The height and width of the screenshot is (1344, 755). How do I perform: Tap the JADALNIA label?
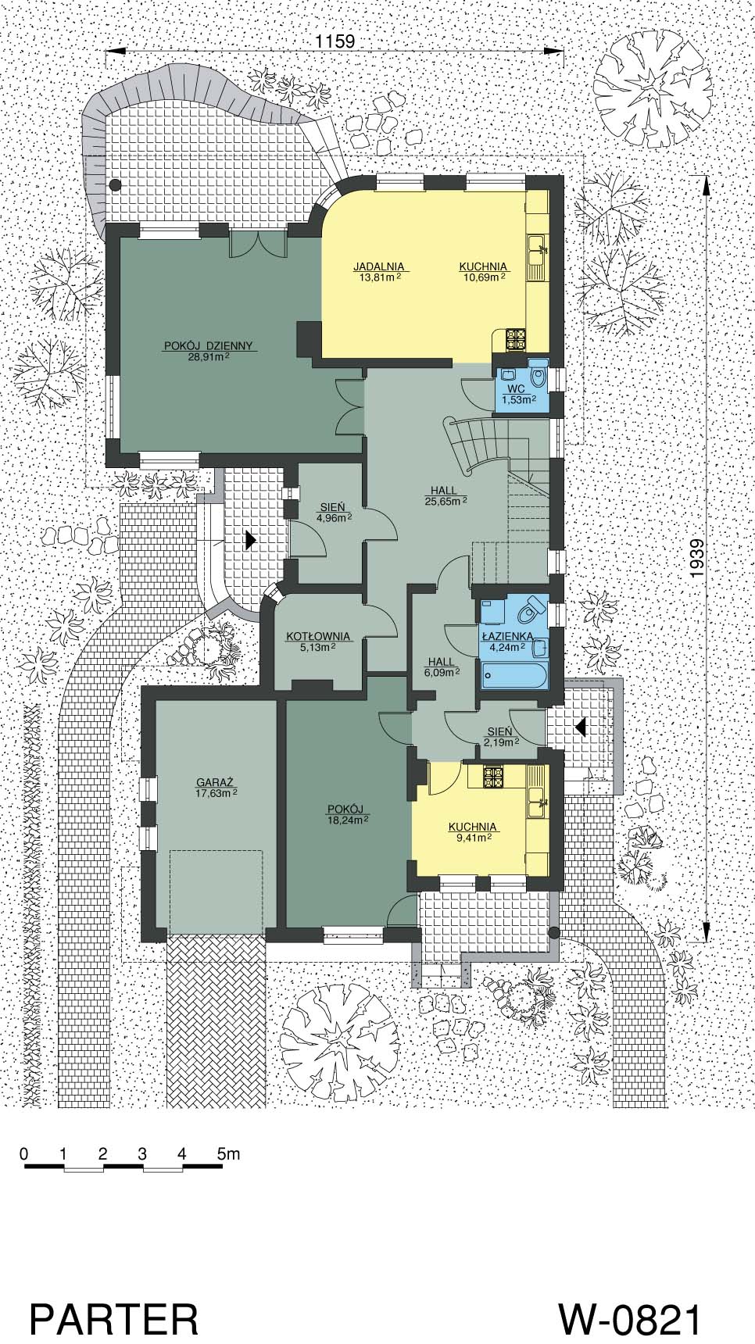[378, 266]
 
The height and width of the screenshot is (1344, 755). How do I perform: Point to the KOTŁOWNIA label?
[317, 636]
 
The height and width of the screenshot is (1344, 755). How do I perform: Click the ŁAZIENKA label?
[507, 636]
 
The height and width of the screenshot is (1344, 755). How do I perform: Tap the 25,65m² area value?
[448, 501]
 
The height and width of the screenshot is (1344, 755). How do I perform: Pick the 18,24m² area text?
[348, 820]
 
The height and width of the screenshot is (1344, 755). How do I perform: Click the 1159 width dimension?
[335, 42]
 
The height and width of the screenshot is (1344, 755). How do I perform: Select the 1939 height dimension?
[698, 559]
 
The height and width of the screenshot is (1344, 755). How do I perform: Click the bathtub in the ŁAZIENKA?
[514, 674]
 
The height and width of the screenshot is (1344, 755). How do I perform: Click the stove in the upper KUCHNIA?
[516, 339]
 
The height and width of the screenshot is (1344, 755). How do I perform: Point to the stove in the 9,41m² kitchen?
[493, 777]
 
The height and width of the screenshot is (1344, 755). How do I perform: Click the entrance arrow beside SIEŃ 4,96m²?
[249, 539]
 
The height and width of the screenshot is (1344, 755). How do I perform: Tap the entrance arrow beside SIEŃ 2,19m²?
[581, 727]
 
